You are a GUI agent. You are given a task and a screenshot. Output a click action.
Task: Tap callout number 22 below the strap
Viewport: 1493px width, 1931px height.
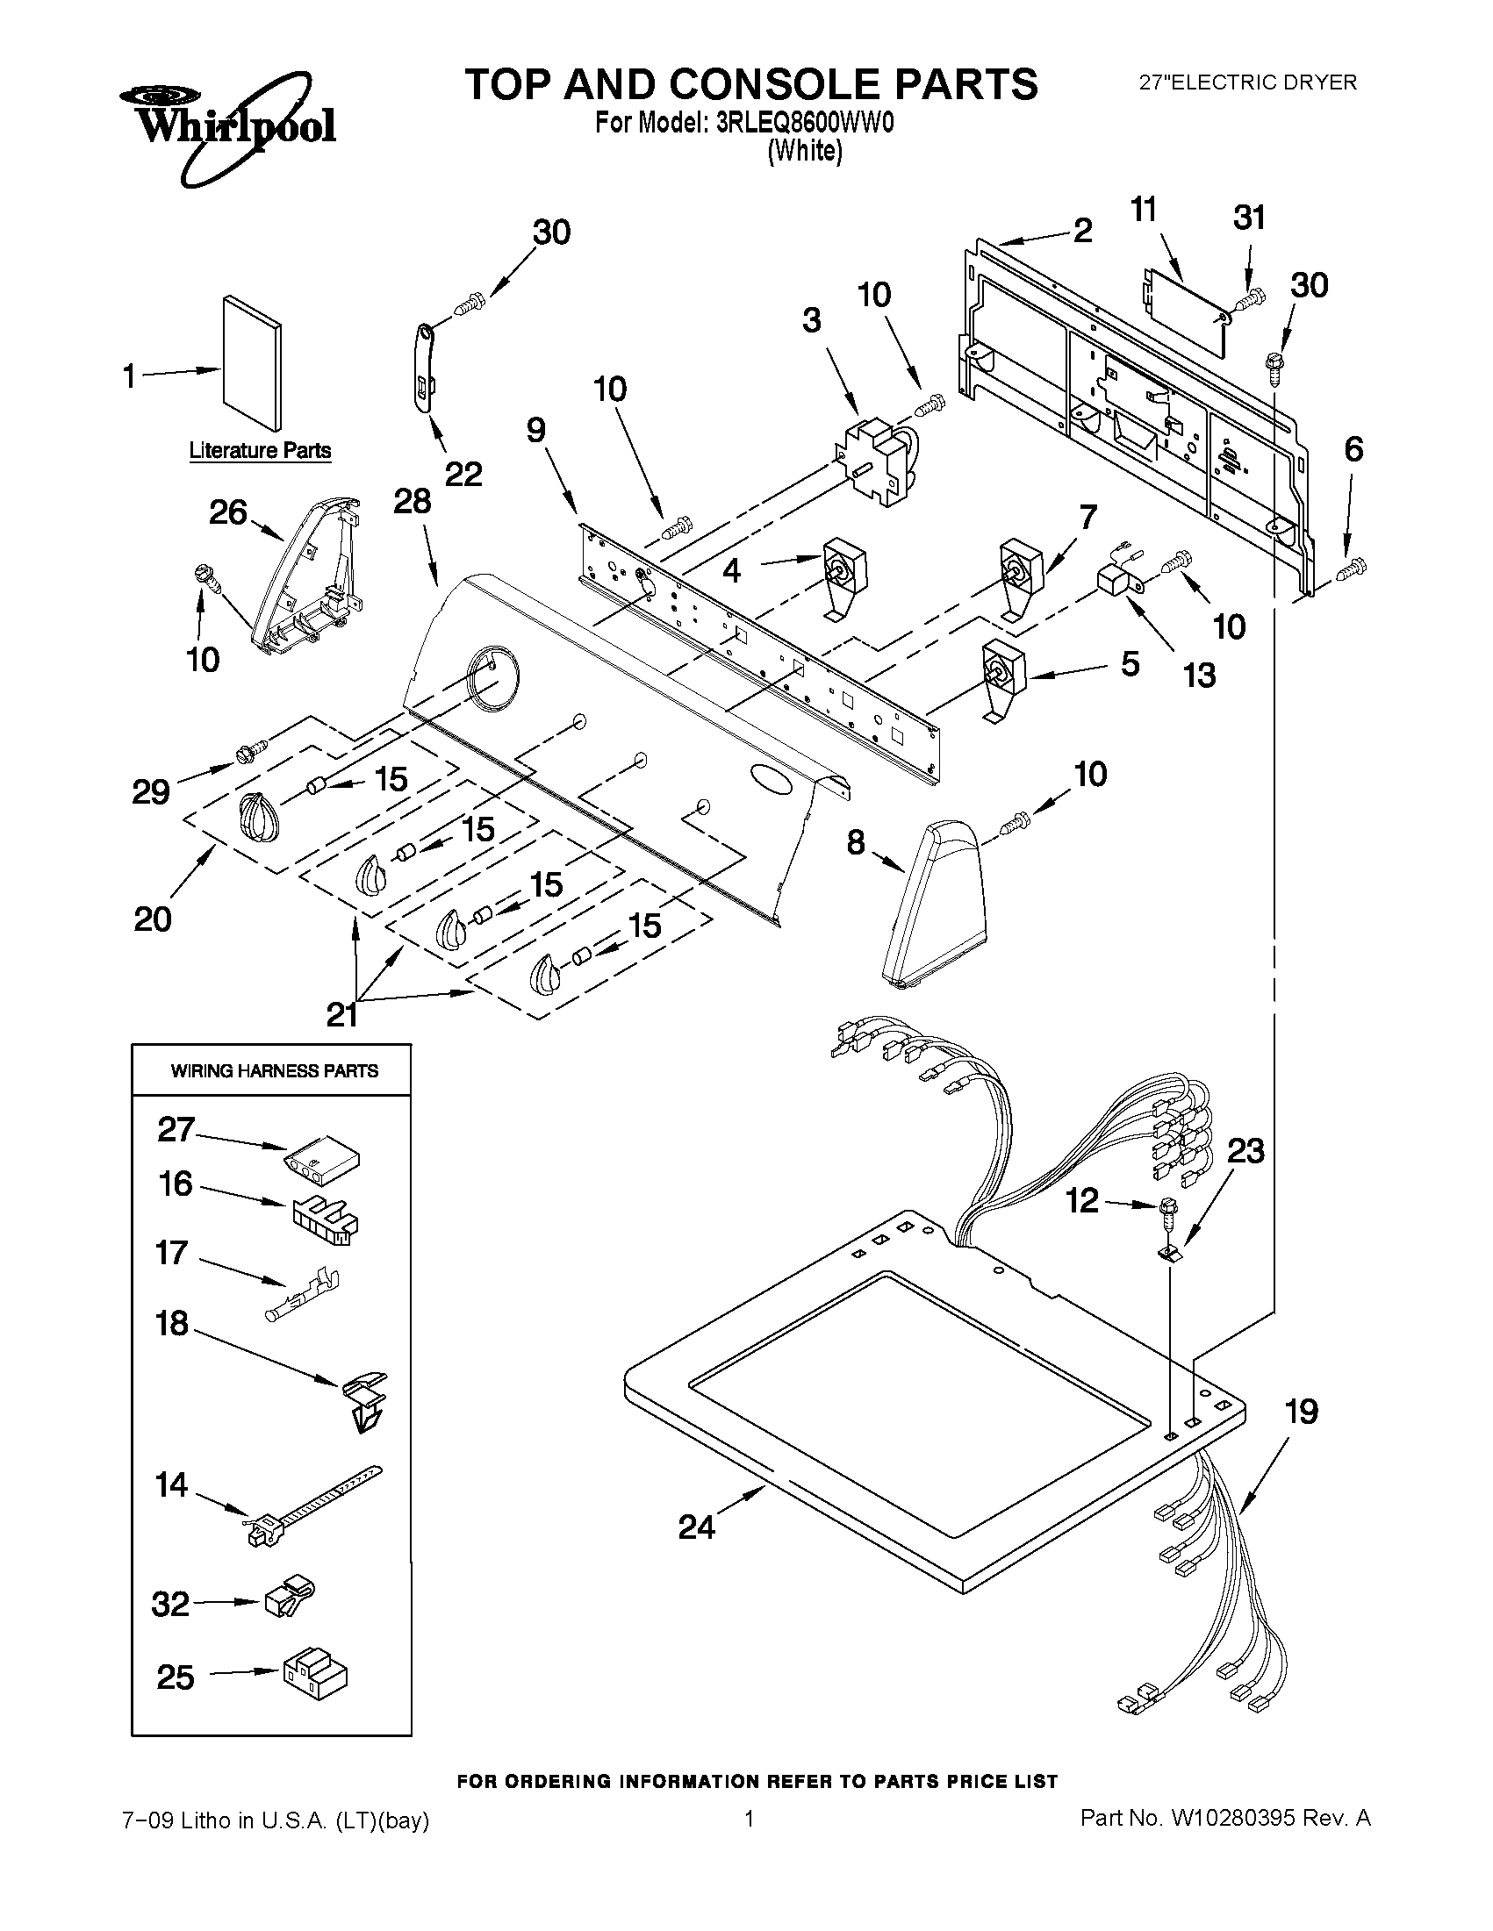tap(463, 475)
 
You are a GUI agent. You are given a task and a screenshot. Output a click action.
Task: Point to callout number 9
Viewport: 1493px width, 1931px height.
tap(536, 431)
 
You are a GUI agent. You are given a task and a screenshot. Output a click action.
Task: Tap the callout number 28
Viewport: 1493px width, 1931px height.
tap(413, 501)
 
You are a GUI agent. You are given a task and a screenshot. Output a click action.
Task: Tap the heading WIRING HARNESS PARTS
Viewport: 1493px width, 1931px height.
tap(274, 1070)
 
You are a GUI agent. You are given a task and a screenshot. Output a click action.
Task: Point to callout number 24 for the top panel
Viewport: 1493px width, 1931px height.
tap(696, 1526)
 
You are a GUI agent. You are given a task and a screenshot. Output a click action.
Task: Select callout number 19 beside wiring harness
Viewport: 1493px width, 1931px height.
tap(1301, 1412)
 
